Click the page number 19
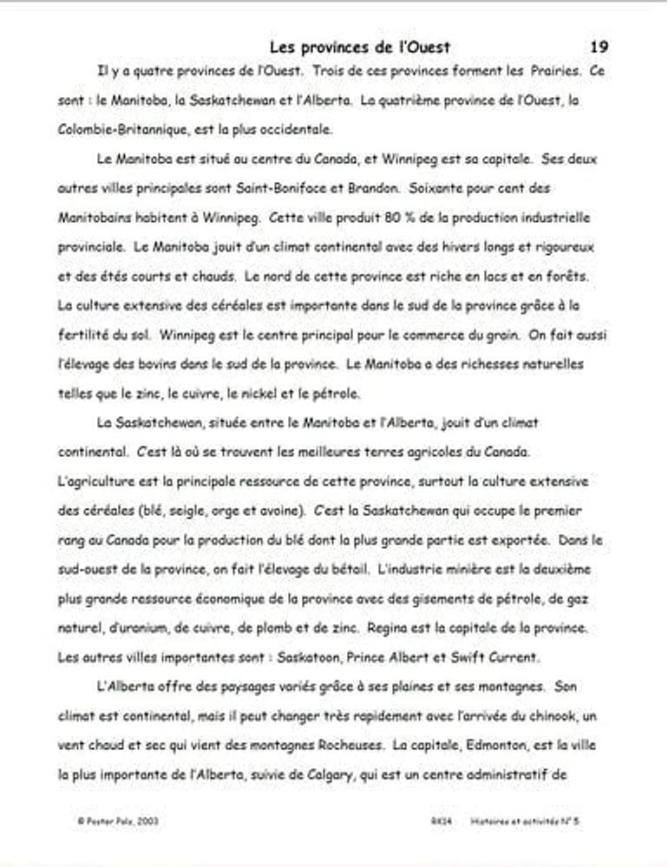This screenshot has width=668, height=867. coord(599,47)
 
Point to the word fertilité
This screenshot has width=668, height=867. coord(88,335)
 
